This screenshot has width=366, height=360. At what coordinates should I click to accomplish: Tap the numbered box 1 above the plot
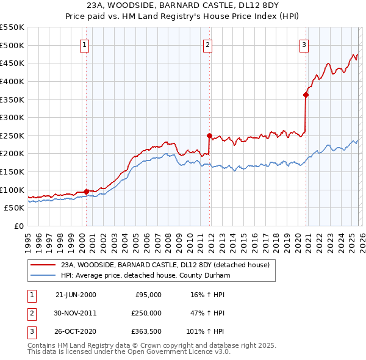tap(84, 44)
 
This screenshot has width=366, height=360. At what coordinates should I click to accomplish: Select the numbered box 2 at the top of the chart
tap(208, 44)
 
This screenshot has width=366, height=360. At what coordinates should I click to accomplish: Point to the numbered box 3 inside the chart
tap(304, 44)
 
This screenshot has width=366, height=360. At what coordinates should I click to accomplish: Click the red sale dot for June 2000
tap(86, 191)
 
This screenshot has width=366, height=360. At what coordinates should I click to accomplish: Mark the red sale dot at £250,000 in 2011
tap(209, 135)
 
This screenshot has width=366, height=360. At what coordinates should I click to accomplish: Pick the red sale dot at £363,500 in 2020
tap(306, 95)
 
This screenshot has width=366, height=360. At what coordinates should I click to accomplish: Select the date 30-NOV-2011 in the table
tap(76, 313)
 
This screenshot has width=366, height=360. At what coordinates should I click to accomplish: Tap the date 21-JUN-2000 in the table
tap(76, 295)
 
